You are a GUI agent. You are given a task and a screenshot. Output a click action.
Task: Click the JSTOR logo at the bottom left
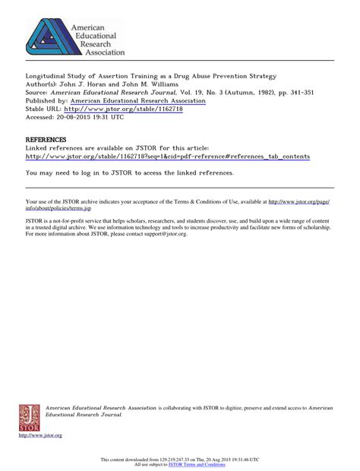[x=29, y=416]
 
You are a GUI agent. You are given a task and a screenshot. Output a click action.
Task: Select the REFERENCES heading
[x=46, y=140]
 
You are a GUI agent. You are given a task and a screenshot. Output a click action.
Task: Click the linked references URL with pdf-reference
[x=167, y=156]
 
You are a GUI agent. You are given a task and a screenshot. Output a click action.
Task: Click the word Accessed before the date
[x=41, y=117]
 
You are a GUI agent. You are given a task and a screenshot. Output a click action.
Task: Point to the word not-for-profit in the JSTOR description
[x=77, y=220]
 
